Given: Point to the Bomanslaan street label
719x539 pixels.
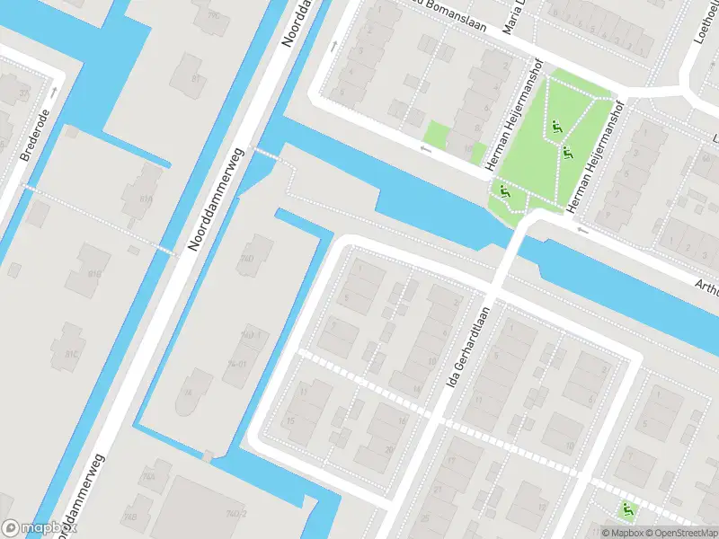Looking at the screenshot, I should click(x=454, y=16).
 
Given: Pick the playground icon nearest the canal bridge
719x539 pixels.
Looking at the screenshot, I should click(x=503, y=190).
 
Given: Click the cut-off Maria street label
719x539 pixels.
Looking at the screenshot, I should click(x=513, y=16).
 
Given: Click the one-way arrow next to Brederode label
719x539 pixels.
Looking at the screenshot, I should click(x=55, y=92).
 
